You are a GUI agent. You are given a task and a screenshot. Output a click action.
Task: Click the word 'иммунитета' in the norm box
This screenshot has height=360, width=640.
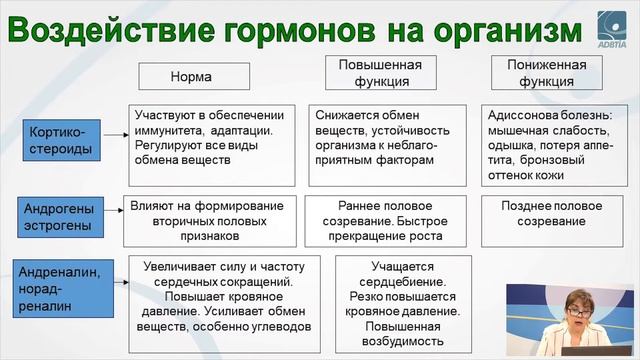pyautogui.click(x=170, y=130)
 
